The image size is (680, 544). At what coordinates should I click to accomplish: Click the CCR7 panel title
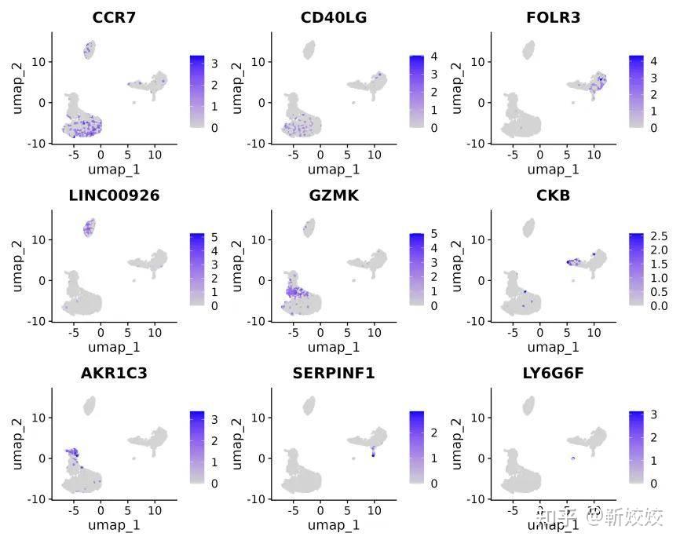pyautogui.click(x=114, y=17)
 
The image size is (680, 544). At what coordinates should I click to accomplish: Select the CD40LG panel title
pyautogui.click(x=334, y=17)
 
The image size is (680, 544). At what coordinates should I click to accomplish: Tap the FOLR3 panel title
pyautogui.click(x=554, y=17)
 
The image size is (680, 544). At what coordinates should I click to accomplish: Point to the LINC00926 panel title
pyautogui.click(x=114, y=195)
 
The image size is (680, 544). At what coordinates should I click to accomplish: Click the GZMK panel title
pyautogui.click(x=334, y=195)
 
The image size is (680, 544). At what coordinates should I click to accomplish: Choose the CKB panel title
pyautogui.click(x=554, y=195)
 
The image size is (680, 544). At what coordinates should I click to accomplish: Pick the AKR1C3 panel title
pyautogui.click(x=114, y=374)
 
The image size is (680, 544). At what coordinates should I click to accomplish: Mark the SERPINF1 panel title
pyautogui.click(x=334, y=374)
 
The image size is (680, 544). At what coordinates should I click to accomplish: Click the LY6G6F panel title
pyautogui.click(x=554, y=374)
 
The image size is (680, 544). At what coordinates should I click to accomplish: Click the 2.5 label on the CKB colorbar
pyautogui.click(x=658, y=236)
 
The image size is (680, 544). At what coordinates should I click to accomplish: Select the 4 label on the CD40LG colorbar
pyautogui.click(x=434, y=57)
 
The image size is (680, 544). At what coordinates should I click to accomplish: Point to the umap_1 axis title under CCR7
pyautogui.click(x=114, y=169)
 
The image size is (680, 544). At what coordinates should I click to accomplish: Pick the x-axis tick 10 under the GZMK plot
pyautogui.click(x=374, y=332)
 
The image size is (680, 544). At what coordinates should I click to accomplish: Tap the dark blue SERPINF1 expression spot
pyautogui.click(x=373, y=454)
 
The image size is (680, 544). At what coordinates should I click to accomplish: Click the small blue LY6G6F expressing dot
pyautogui.click(x=573, y=458)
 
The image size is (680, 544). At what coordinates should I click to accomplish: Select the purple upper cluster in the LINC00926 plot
pyautogui.click(x=89, y=228)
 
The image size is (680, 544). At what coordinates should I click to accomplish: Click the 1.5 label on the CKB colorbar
pyautogui.click(x=658, y=264)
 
